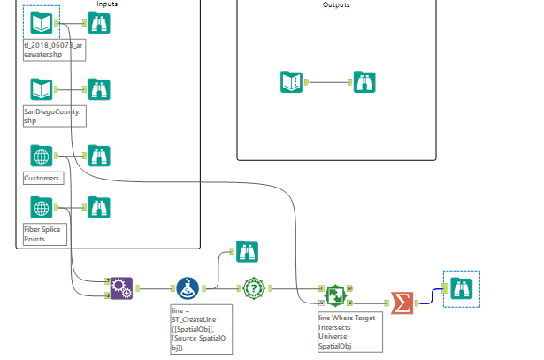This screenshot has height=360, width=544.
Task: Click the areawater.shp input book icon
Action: pos(41,23)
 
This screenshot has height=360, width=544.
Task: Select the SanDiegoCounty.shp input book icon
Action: pos(41,89)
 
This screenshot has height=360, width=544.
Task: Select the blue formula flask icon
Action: pos(187,288)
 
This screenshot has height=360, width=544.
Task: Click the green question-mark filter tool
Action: pos(255,288)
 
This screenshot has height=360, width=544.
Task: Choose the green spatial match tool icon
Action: pos(335,294)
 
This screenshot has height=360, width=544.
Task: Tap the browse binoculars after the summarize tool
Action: pos(462,288)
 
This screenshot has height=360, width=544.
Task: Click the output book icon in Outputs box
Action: pos(291,82)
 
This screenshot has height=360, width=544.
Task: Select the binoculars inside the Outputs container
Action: pos(364,82)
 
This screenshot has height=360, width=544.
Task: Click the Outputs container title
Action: pos(336,5)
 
